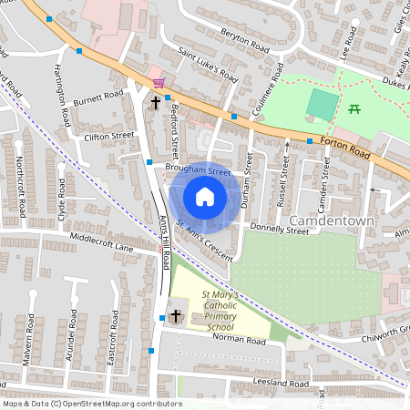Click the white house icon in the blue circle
coord(205,197)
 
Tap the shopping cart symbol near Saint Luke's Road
coord(160,83)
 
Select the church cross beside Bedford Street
coord(156,104)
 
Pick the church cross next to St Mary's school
coord(175,315)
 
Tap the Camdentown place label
coord(332,221)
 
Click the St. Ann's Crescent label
coord(206,239)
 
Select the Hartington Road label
coord(64,95)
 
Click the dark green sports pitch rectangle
coord(321,104)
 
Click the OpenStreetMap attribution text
coord(91,403)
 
